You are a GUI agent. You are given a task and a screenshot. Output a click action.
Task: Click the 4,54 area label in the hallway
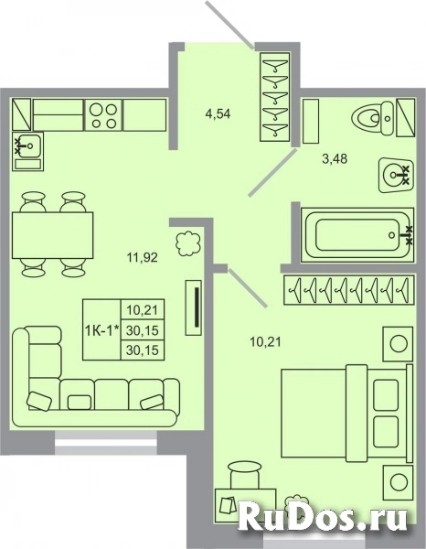pos(218,114)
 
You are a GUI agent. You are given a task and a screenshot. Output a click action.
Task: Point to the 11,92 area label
pos(142,257)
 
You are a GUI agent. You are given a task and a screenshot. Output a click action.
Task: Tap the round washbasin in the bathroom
pos(396,173)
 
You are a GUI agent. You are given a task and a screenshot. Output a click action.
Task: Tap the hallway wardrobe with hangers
pos(275,96)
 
